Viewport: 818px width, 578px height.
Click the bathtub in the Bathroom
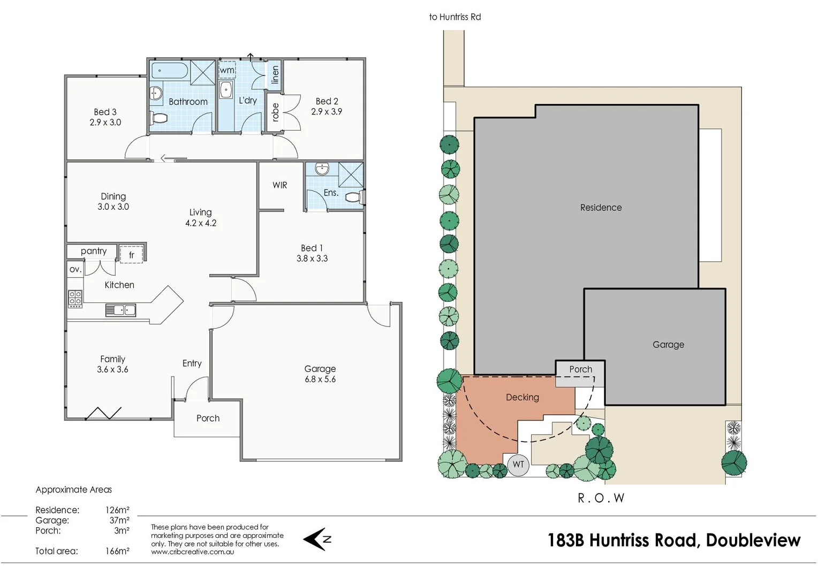169,71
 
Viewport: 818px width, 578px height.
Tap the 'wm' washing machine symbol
227,70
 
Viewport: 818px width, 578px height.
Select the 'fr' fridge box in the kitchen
132,255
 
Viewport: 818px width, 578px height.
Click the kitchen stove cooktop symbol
75,299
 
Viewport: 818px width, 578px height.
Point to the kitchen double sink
120,310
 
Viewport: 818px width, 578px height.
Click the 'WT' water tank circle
518,464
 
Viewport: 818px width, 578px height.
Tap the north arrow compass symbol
317,539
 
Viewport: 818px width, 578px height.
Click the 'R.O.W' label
601,498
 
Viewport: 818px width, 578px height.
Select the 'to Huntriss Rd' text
455,17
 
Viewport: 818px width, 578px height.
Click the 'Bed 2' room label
327,101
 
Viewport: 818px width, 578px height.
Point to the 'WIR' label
279,185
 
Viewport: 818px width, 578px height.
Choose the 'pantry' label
94,251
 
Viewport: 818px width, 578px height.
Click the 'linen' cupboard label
275,74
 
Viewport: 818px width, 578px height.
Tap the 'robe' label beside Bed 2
275,112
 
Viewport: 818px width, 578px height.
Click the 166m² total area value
117,551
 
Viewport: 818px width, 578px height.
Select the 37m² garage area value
119,520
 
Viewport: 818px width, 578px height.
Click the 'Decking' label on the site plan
522,397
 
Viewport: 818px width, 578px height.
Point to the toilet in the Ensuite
353,197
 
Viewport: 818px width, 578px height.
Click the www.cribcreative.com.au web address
192,552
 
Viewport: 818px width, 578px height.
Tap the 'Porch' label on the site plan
580,369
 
